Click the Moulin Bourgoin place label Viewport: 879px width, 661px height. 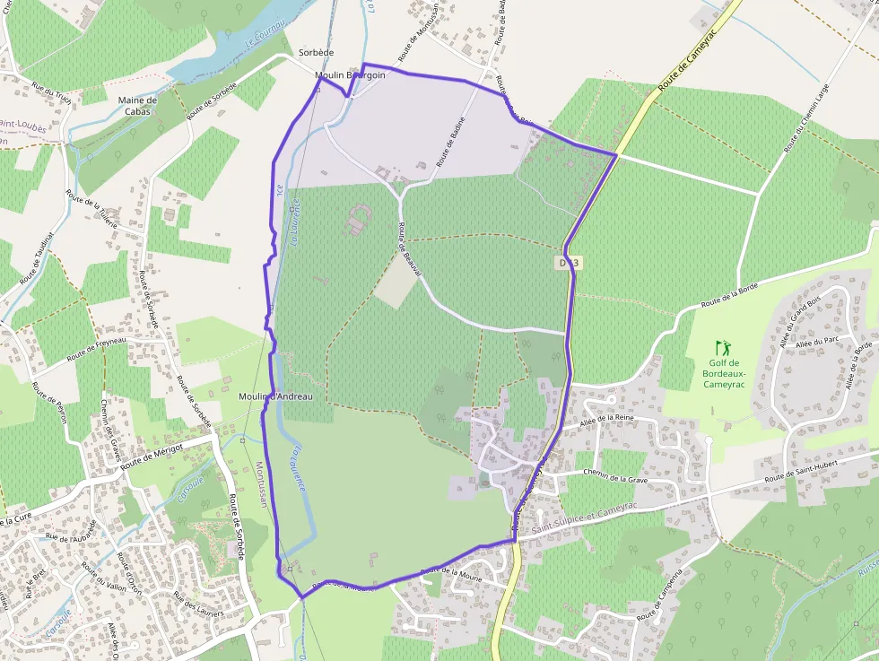[x=351, y=75]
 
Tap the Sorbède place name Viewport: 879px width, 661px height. [x=316, y=54]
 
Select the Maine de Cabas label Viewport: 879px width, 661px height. [x=137, y=106]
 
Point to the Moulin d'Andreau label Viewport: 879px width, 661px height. [x=275, y=396]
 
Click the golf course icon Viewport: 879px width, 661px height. [x=723, y=347]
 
